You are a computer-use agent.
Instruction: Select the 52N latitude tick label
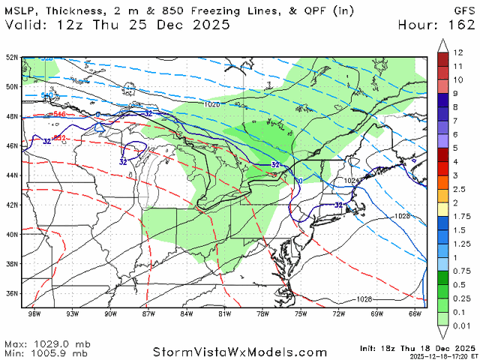click(x=11, y=57)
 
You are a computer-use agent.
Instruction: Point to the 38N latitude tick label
click(x=11, y=263)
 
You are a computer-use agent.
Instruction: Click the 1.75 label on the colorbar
click(x=460, y=216)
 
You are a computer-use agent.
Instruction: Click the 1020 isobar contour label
click(x=212, y=105)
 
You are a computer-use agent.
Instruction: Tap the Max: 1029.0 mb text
click(x=45, y=342)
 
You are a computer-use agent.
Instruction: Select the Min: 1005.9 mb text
click(x=45, y=352)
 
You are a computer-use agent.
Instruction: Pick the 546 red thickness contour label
click(x=61, y=114)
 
